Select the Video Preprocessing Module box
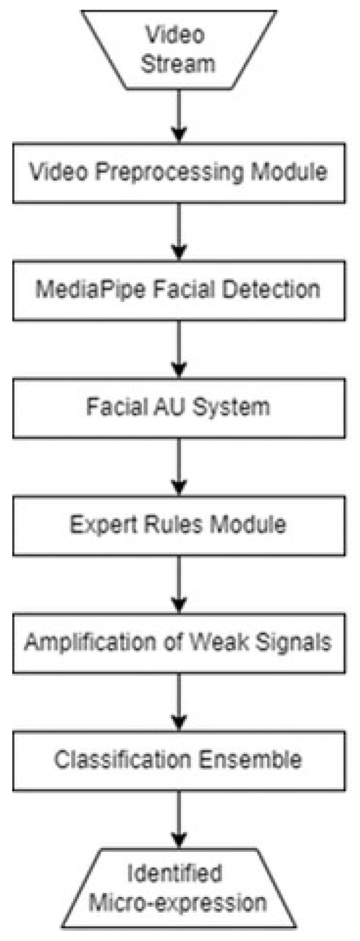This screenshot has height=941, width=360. click(x=179, y=172)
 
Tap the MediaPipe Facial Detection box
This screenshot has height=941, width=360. click(x=179, y=290)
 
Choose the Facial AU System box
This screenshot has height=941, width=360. click(x=179, y=407)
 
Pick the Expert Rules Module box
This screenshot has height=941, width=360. click(x=179, y=525)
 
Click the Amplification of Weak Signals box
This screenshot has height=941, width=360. click(x=179, y=642)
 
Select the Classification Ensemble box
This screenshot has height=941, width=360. click(x=179, y=760)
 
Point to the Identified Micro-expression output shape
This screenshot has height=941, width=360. click(x=178, y=889)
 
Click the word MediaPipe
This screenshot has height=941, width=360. click(x=91, y=290)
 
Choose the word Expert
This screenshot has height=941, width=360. click(x=104, y=525)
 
